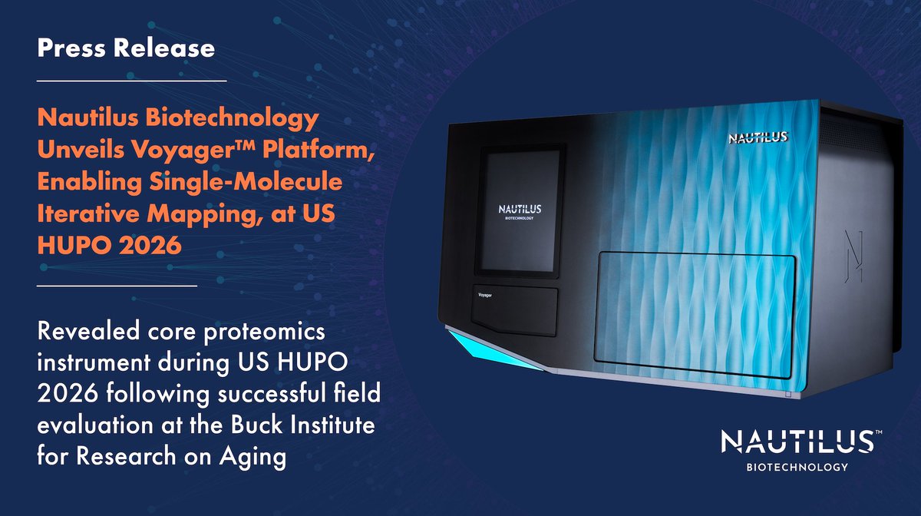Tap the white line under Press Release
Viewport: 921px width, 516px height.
pyautogui.click(x=131, y=80)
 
